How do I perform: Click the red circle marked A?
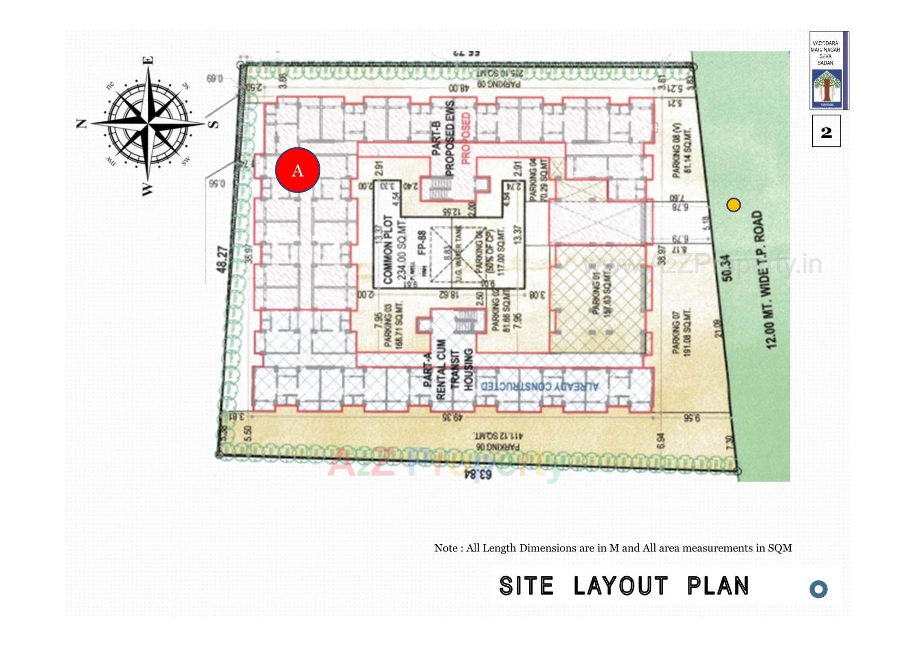297,170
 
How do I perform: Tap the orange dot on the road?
733,205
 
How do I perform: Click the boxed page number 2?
826,132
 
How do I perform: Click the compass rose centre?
149,123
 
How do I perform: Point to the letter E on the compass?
149,60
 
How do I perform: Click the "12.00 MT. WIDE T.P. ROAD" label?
765,280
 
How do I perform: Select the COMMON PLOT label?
388,249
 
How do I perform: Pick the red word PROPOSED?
466,139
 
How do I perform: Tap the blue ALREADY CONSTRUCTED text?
539,386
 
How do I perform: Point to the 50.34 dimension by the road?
727,268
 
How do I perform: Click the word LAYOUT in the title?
620,586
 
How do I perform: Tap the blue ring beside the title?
818,589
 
